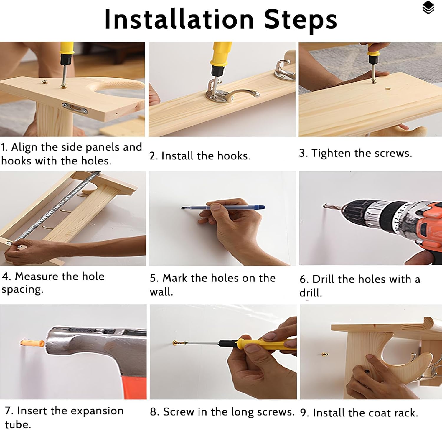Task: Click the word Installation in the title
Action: tap(179, 19)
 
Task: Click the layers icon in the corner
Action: tap(428, 8)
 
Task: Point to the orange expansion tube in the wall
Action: tap(32, 343)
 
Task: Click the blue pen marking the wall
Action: tap(223, 207)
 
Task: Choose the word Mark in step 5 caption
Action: tap(175, 278)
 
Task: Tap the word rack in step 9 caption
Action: tap(405, 413)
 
